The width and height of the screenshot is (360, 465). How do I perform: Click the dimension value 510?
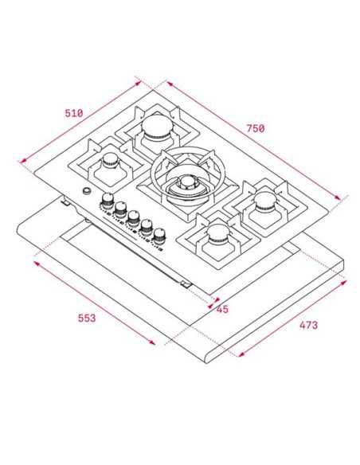pos(73,112)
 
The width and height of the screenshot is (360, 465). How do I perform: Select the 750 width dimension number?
pos(255,128)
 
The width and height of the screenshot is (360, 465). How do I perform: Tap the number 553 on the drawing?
pos(87,318)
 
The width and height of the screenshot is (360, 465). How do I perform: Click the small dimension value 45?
pos(222,310)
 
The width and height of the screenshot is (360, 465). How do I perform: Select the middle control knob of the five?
pos(134,217)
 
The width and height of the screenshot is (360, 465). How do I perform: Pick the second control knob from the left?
pos(120,209)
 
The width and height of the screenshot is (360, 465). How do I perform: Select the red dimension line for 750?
pos(259,139)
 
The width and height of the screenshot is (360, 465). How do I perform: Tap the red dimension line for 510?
pos(80,122)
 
